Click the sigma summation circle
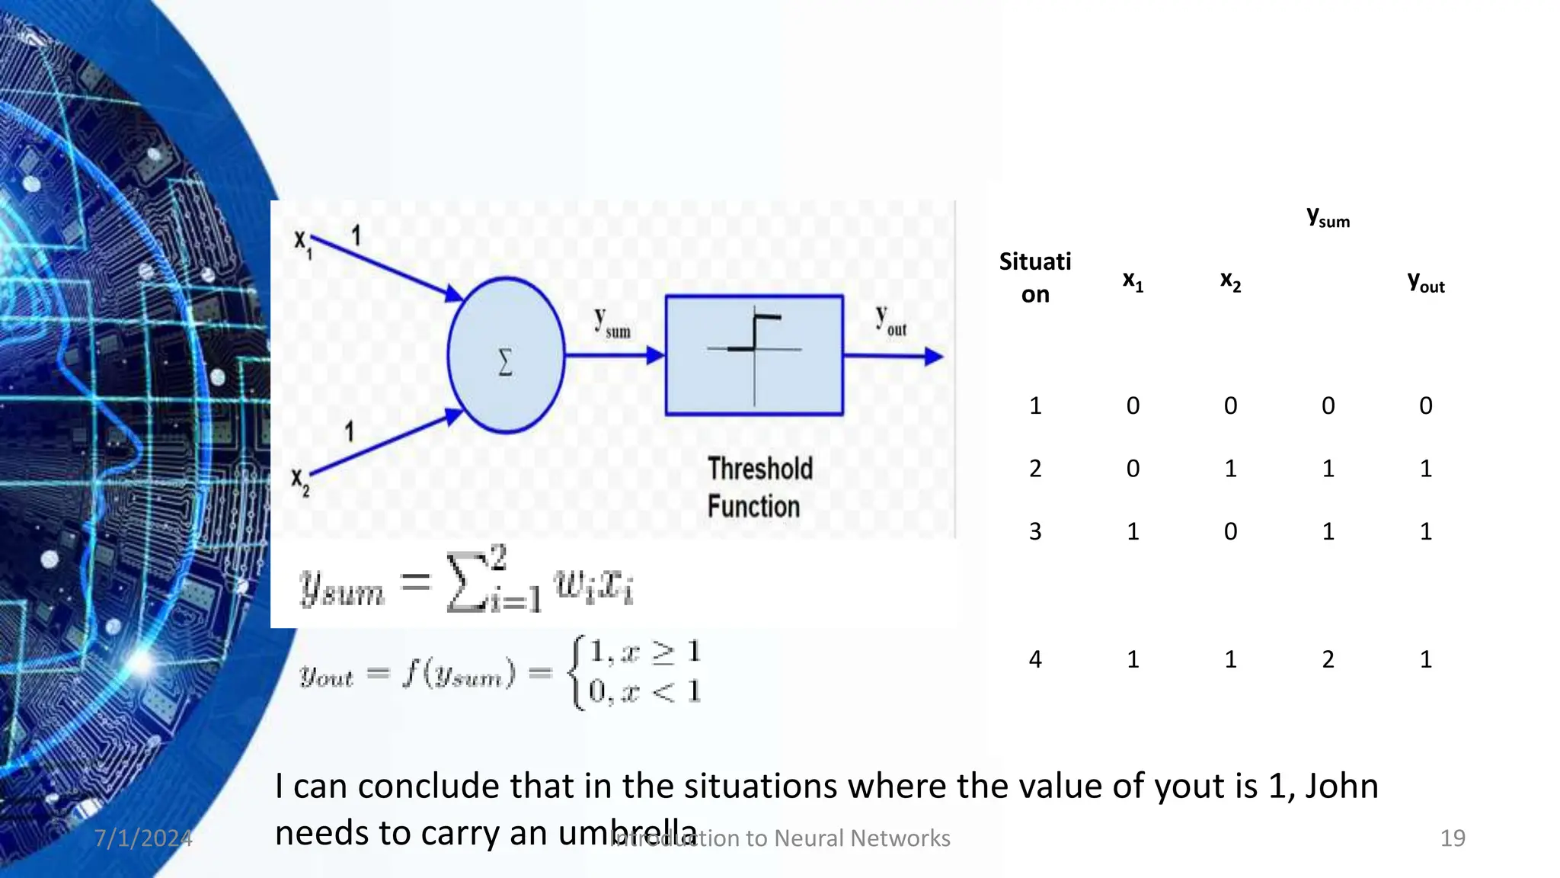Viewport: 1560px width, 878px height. [x=506, y=356]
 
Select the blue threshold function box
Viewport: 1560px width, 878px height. [x=754, y=355]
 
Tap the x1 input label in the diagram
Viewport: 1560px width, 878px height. [x=302, y=243]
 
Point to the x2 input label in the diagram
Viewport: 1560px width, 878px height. [x=300, y=482]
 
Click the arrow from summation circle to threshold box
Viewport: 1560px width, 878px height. [x=614, y=355]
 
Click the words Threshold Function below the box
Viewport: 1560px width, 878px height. [x=759, y=488]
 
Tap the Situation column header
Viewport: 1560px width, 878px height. [x=1034, y=277]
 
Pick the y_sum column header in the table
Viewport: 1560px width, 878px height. [x=1328, y=218]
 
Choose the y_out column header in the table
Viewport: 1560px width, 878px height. [x=1425, y=283]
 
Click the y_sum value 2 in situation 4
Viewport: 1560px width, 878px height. [x=1328, y=659]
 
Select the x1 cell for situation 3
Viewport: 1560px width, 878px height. [x=1133, y=531]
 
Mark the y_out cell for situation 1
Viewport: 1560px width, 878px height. [x=1425, y=405]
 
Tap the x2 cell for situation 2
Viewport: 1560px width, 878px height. [x=1230, y=468]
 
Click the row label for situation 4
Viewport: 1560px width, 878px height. [x=1034, y=659]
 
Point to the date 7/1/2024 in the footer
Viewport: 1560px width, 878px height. [x=143, y=838]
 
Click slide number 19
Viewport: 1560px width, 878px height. [x=1452, y=838]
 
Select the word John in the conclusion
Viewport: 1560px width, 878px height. [x=1341, y=786]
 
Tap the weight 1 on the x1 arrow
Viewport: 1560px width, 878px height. [x=356, y=236]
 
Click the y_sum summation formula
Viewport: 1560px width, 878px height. [x=466, y=584]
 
